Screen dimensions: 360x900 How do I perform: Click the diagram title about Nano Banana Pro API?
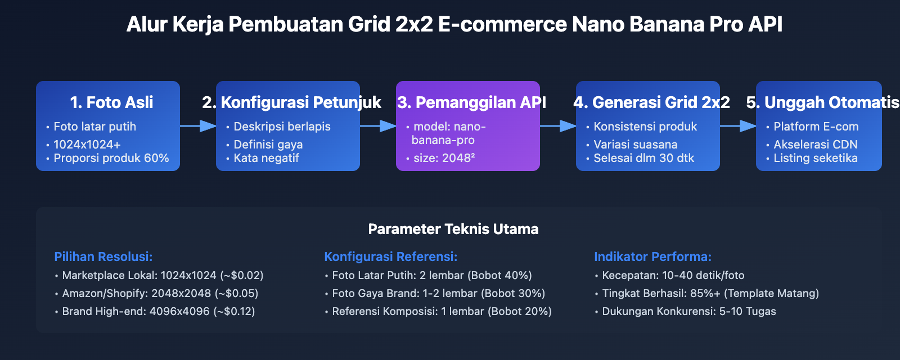tap(454, 25)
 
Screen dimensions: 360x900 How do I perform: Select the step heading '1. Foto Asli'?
tap(111, 102)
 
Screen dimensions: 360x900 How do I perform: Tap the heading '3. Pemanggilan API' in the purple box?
tap(471, 102)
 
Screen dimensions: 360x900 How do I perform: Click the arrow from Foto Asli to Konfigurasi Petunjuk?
tap(198, 126)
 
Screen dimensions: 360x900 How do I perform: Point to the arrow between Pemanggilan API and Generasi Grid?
tap(558, 126)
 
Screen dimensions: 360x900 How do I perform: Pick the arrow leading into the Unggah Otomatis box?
tap(738, 126)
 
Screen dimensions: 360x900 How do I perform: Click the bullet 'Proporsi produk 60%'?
tap(111, 158)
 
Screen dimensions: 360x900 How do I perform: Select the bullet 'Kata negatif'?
tap(266, 158)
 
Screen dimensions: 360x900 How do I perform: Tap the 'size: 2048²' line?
tap(444, 158)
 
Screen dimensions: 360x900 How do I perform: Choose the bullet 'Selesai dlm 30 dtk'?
tap(643, 158)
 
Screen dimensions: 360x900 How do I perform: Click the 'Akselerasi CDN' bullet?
tap(815, 145)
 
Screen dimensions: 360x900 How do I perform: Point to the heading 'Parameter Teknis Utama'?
tap(453, 229)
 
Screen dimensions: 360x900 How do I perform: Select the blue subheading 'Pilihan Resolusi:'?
tap(103, 256)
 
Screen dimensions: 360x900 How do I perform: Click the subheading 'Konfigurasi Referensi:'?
tap(391, 256)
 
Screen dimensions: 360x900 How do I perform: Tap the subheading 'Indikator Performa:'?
tap(652, 256)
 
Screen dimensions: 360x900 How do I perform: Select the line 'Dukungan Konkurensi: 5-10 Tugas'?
tap(688, 311)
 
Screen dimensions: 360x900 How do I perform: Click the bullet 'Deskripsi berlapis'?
tap(282, 127)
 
